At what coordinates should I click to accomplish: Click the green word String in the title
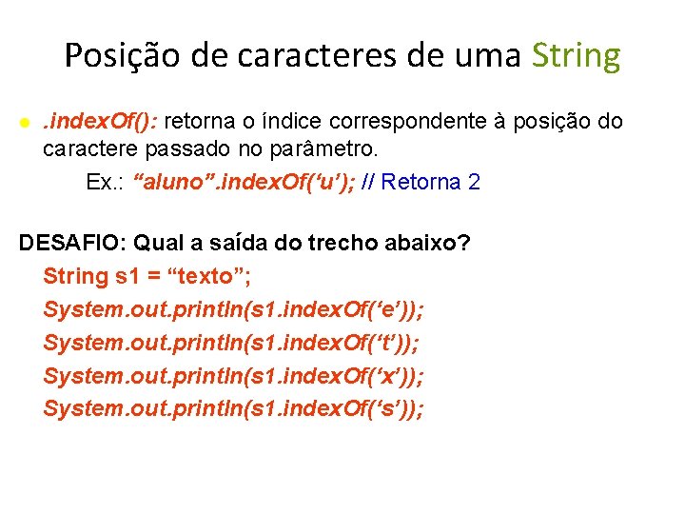[x=577, y=57]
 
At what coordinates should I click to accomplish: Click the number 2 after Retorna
[x=474, y=182]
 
